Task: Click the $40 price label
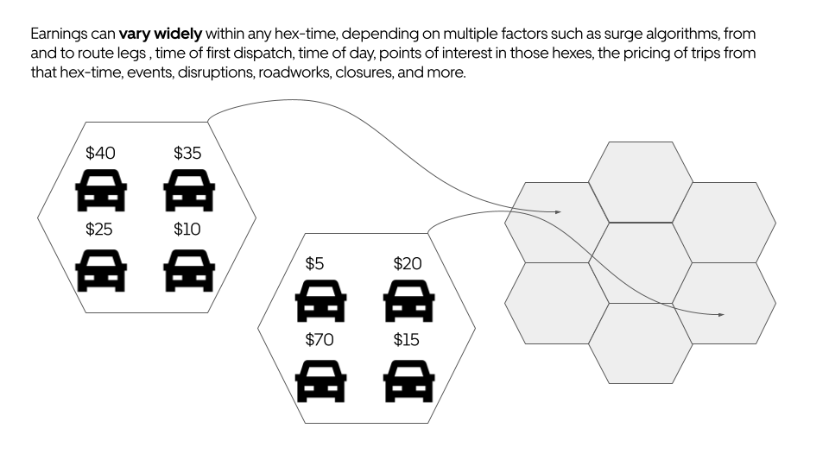[x=100, y=153]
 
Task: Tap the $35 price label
[x=187, y=153]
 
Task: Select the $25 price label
[x=100, y=230]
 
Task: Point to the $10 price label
[x=187, y=230]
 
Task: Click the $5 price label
[x=315, y=263]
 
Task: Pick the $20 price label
[x=408, y=263]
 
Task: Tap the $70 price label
[x=320, y=340]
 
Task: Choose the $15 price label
[x=407, y=340]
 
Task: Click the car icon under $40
[x=102, y=192]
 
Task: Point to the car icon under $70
[x=321, y=381]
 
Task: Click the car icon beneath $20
[x=409, y=303]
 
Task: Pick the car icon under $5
[x=321, y=303]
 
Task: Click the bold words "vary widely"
[x=161, y=35]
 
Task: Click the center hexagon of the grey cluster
[x=640, y=263]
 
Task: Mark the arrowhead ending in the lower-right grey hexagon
[x=722, y=315]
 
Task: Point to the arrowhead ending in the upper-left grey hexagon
[x=558, y=211]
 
